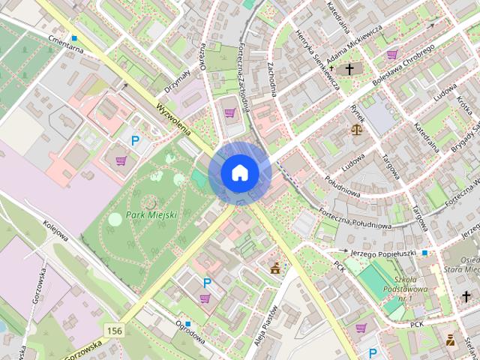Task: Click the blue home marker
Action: pos(239,172)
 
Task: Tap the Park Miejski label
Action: pos(151,214)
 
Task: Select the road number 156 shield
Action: pos(115,331)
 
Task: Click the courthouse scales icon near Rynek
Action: pos(356,130)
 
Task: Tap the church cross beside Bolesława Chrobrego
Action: pos(347,70)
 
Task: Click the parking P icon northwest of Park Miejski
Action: pos(136,140)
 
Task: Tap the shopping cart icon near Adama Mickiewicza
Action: pos(392,54)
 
